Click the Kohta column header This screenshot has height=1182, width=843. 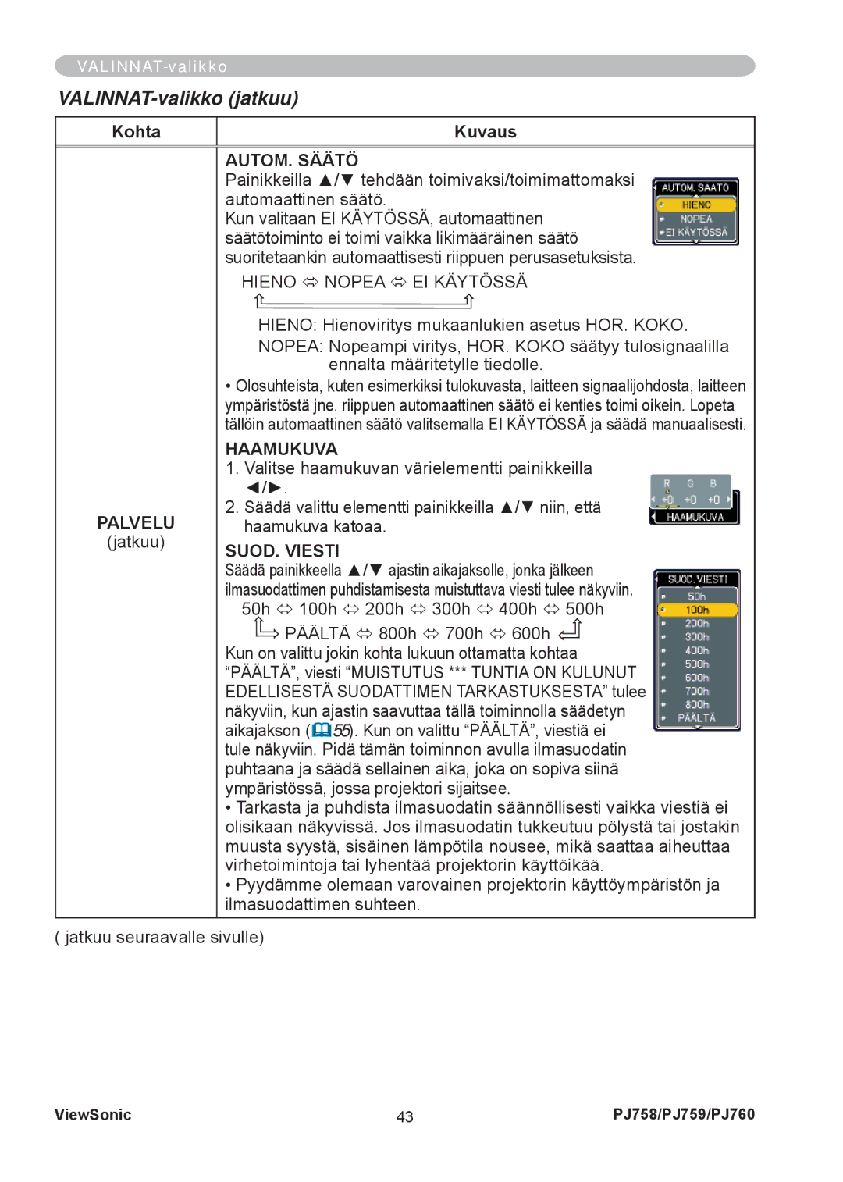pyautogui.click(x=136, y=132)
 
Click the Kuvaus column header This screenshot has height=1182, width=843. pyautogui.click(x=485, y=132)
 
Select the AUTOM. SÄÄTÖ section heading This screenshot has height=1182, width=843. pyautogui.click(x=292, y=160)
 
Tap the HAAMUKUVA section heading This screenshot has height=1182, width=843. pyautogui.click(x=281, y=449)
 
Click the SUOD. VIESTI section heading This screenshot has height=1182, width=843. pyautogui.click(x=282, y=551)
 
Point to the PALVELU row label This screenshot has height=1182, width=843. pyautogui.click(x=136, y=522)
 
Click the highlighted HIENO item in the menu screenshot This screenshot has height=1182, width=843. pyautogui.click(x=696, y=205)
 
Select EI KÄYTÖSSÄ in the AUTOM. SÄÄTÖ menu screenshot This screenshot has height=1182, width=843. pyautogui.click(x=696, y=232)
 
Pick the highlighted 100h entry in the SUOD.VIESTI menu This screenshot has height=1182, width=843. pyautogui.click(x=697, y=610)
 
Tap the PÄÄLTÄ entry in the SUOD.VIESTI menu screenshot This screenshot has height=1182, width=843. pyautogui.click(x=696, y=717)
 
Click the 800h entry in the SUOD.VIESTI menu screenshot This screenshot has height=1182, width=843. pyautogui.click(x=697, y=704)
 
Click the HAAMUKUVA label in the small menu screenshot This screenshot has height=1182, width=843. pyautogui.click(x=695, y=517)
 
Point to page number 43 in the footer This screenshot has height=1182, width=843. pyautogui.click(x=404, y=1116)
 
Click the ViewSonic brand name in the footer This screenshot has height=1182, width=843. pyautogui.click(x=93, y=1115)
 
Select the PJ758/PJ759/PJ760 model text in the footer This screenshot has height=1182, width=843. pyautogui.click(x=684, y=1114)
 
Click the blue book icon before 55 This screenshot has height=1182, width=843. pyautogui.click(x=322, y=731)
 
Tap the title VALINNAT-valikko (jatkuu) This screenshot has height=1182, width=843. pyautogui.click(x=179, y=98)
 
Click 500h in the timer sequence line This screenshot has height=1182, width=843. pyautogui.click(x=584, y=609)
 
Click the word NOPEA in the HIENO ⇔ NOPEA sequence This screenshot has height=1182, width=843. pyautogui.click(x=354, y=282)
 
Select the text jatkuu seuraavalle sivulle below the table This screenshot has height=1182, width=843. pyautogui.click(x=163, y=937)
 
